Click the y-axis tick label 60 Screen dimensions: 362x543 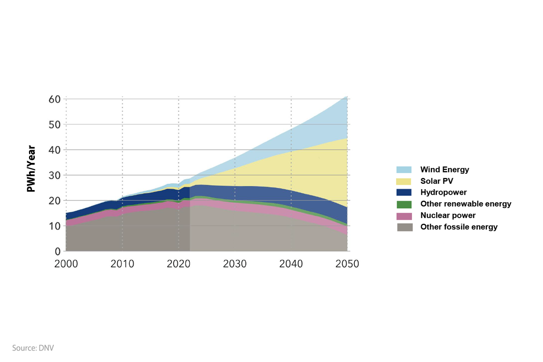pos(55,99)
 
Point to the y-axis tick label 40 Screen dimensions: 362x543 pos(55,150)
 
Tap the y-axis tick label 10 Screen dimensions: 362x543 pos(55,226)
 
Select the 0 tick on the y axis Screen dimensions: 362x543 pos(58,252)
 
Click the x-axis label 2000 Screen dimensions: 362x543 pos(66,264)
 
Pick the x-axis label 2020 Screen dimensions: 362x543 pos(179,264)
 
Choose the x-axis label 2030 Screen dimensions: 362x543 pos(235,264)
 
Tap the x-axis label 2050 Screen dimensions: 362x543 pos(347,264)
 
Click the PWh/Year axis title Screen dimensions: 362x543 pos(31,169)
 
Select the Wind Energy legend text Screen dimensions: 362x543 pos(445,170)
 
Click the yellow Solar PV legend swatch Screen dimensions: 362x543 pos(404,181)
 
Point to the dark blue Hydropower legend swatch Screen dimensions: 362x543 pos(404,193)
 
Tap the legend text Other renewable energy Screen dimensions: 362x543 pos(466,204)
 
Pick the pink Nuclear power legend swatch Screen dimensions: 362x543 pos(404,216)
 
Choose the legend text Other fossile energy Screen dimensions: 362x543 pos(459,227)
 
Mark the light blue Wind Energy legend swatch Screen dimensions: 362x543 pos(404,170)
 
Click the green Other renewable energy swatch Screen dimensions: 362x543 pos(404,204)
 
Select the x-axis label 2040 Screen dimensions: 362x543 pos(291,264)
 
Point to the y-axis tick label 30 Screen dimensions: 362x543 pos(55,175)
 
